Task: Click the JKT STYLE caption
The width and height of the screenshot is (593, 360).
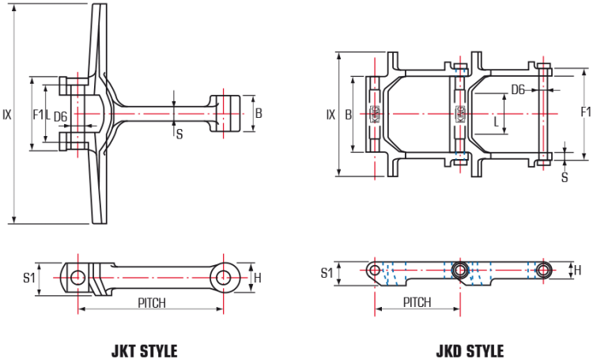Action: [x=144, y=351]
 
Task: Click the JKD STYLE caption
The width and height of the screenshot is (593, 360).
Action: [x=470, y=351]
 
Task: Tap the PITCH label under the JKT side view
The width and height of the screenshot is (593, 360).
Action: [x=151, y=303]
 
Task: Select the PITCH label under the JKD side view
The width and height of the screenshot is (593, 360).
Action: [x=417, y=302]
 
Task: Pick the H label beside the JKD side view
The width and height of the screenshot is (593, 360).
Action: [x=578, y=271]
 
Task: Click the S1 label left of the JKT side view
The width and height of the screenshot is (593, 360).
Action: [x=28, y=278]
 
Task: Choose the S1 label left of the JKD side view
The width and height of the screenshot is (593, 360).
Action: [x=327, y=272]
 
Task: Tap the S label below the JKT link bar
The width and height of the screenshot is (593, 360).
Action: [x=179, y=134]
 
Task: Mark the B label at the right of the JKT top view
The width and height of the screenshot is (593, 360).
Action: [x=259, y=114]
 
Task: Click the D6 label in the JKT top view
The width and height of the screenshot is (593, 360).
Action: [x=61, y=117]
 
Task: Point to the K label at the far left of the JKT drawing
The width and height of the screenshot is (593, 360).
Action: [x=7, y=115]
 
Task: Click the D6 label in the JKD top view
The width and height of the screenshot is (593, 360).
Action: [x=517, y=89]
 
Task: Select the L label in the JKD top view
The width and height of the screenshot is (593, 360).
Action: [x=496, y=123]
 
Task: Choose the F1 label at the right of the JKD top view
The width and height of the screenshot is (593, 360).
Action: [x=585, y=111]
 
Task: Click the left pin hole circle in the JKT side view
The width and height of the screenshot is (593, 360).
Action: [x=77, y=277]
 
